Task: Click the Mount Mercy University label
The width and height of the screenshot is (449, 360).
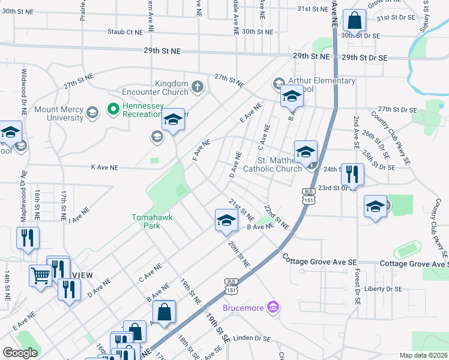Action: (x=58, y=113)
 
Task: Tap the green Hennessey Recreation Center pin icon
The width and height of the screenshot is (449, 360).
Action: (x=112, y=109)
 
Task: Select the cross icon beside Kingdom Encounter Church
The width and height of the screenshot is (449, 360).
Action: (x=197, y=88)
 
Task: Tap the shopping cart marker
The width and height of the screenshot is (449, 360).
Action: (x=41, y=276)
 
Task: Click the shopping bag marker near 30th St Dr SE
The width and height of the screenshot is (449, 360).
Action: (x=355, y=20)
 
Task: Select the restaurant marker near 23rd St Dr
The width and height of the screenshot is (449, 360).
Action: (x=352, y=175)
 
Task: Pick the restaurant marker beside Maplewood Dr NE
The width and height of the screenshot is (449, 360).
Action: (x=28, y=238)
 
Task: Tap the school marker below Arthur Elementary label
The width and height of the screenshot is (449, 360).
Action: (x=292, y=95)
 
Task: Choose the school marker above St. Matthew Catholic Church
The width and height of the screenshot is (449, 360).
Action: (x=306, y=151)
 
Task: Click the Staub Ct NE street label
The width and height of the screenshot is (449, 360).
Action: (x=125, y=32)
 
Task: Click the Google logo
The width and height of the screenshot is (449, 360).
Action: (x=20, y=353)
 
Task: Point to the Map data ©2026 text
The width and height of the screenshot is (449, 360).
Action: (x=423, y=355)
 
